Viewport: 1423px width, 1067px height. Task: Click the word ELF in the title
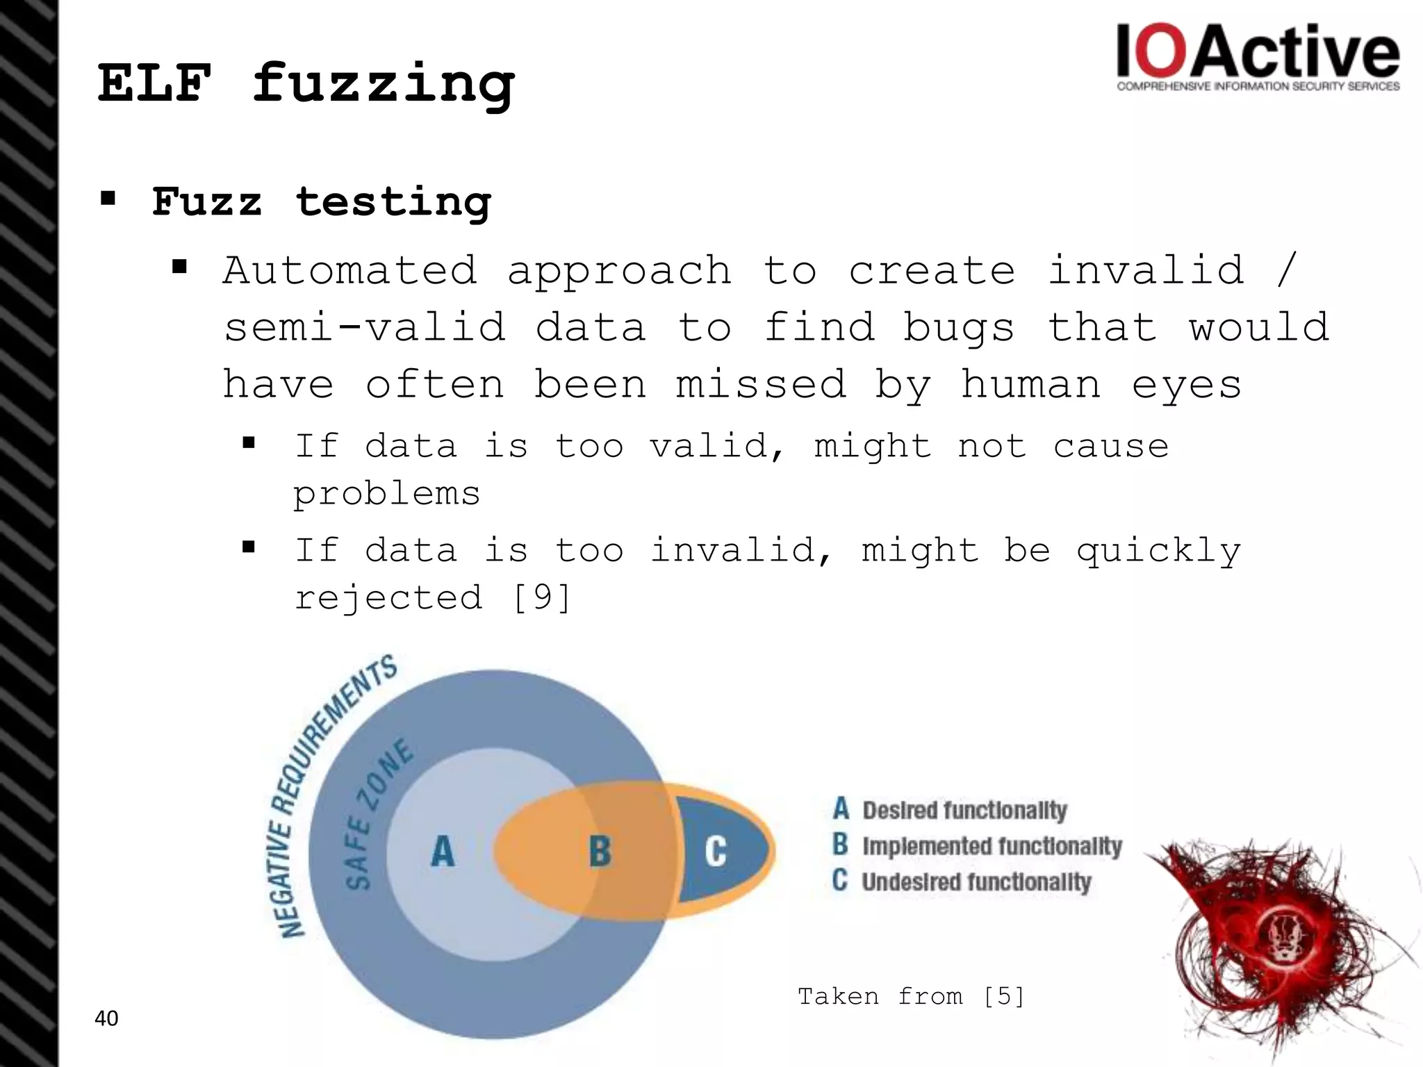154,83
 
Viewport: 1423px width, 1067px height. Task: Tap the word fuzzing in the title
383,85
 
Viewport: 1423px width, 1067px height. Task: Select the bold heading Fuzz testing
321,203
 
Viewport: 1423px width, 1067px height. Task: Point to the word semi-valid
365,327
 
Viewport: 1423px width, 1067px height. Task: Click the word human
1030,385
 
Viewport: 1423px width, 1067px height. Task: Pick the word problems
386,494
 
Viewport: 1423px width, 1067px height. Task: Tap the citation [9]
541,597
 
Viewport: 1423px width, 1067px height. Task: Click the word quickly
1158,551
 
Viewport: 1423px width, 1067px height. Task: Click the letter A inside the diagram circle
443,851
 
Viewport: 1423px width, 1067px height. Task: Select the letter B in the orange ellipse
600,851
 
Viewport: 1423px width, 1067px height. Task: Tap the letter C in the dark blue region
715,851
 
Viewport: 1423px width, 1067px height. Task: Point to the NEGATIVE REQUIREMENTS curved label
327,792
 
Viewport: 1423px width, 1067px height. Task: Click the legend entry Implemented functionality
992,846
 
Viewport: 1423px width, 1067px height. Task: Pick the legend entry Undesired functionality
976,882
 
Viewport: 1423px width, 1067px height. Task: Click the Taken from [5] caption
911,997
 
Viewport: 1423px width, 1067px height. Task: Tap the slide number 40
106,1018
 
